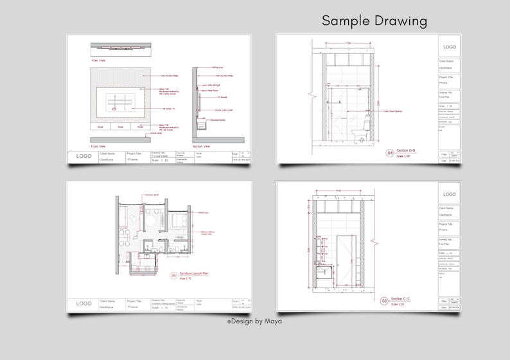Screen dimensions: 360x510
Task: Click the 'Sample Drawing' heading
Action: click(x=374, y=21)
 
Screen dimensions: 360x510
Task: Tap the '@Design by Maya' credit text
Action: click(x=254, y=321)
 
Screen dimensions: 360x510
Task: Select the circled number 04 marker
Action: click(x=389, y=153)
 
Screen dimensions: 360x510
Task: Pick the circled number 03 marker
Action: click(x=385, y=300)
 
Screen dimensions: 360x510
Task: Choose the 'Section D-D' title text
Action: click(x=407, y=151)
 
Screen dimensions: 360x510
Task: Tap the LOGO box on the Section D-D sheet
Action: click(x=450, y=46)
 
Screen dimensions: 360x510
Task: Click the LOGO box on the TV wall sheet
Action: click(x=84, y=156)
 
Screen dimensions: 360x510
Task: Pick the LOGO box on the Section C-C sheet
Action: click(x=450, y=194)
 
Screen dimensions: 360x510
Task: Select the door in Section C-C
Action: click(x=347, y=260)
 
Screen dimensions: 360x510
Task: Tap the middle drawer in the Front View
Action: click(x=120, y=127)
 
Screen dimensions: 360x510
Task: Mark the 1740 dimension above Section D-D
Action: click(x=347, y=43)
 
